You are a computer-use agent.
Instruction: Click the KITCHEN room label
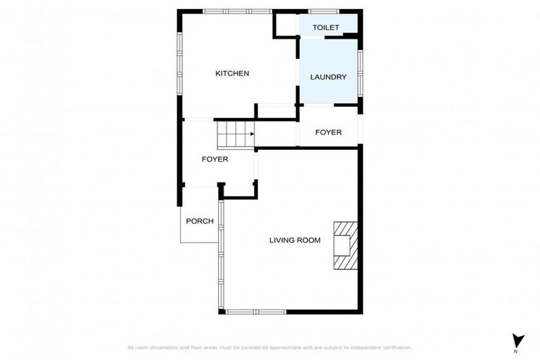(x=232, y=73)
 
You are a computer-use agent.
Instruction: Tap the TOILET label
(x=326, y=27)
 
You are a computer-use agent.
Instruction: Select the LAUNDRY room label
(x=328, y=77)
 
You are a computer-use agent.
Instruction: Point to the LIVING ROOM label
(x=295, y=240)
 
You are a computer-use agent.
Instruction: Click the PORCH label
(x=200, y=221)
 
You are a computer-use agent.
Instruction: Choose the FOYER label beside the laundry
(x=328, y=132)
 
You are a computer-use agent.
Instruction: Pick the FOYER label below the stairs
(x=215, y=159)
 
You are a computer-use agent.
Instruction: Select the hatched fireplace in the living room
(x=346, y=245)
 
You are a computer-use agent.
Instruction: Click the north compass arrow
(x=518, y=340)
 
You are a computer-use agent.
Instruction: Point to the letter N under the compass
(x=515, y=351)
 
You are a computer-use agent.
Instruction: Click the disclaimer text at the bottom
(x=269, y=347)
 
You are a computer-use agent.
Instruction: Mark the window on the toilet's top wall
(x=324, y=11)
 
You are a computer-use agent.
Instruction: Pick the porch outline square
(x=200, y=224)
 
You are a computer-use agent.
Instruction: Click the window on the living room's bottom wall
(x=255, y=311)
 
